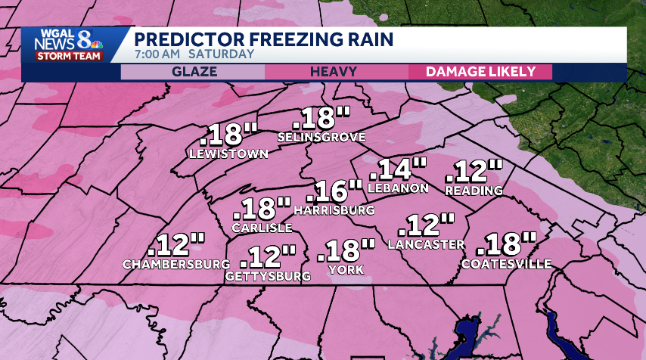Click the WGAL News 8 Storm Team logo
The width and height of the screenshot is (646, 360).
point(66,45)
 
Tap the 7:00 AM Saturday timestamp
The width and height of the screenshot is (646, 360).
point(194,54)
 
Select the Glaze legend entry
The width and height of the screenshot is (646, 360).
point(194,72)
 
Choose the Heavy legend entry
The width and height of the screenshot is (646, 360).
point(336,72)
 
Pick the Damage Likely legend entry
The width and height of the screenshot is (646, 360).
point(480,72)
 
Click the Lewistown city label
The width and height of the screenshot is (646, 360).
point(228,154)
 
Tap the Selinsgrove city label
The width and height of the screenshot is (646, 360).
point(321,138)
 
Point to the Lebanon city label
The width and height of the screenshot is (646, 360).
point(398,188)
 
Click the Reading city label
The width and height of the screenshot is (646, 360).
point(474,191)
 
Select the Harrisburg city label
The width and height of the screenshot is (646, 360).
point(334,209)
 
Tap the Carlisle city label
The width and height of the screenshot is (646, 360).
point(262,228)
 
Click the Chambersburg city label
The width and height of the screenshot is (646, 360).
point(176,264)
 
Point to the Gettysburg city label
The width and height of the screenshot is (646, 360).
point(268,277)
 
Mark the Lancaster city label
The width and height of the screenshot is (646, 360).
point(426,244)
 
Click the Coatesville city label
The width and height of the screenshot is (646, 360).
point(506,264)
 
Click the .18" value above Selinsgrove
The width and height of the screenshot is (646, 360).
point(321,118)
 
